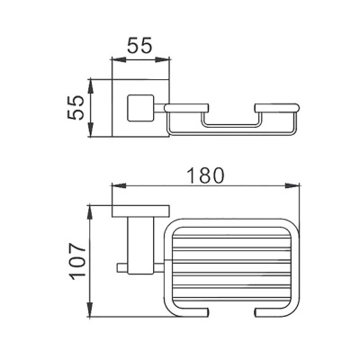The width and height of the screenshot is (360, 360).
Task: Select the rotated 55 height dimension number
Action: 78,109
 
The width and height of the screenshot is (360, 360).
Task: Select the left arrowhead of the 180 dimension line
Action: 114,187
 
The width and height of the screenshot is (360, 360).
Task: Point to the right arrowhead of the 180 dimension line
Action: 295,187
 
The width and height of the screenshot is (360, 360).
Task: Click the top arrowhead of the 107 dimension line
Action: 91,208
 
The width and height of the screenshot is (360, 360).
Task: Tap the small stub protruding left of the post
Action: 121,266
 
